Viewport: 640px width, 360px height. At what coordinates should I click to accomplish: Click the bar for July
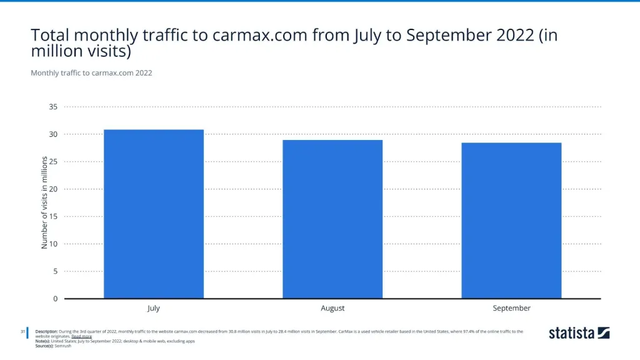(154, 214)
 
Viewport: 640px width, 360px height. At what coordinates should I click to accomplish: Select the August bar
(332, 219)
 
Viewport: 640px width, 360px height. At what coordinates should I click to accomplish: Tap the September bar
(511, 220)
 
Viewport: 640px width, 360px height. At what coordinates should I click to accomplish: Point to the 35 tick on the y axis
(53, 107)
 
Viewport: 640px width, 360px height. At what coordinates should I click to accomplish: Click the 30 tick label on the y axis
(53, 134)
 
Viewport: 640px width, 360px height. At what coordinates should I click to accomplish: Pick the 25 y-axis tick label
(53, 162)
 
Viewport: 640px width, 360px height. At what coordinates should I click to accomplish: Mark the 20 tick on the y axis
(53, 189)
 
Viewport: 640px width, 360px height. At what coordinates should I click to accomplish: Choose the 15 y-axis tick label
(53, 216)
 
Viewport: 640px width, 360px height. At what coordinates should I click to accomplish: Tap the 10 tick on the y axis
(53, 244)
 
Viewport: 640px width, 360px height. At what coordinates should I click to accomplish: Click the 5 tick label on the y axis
(55, 271)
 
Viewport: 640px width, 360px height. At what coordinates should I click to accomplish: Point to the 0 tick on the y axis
(55, 299)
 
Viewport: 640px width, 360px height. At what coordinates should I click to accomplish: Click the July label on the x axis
(154, 308)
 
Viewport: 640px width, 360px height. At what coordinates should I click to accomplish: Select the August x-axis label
(332, 308)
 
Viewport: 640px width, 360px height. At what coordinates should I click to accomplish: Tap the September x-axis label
(511, 308)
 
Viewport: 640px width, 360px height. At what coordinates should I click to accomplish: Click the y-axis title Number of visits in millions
(44, 202)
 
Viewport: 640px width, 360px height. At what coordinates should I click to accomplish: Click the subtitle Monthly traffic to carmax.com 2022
(91, 72)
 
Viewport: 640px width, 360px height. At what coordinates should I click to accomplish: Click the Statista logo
(579, 333)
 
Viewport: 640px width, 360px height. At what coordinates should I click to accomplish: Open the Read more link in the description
(81, 336)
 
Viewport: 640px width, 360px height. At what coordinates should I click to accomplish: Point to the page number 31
(22, 331)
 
